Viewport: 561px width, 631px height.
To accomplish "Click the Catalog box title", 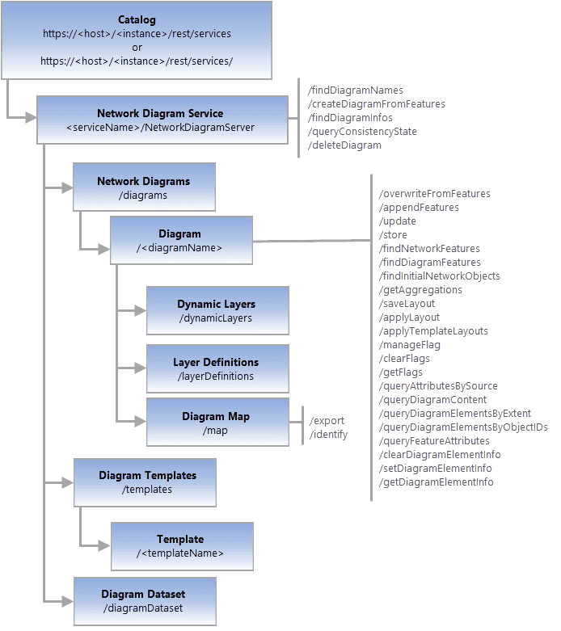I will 137,19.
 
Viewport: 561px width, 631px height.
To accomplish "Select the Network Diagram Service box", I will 162,120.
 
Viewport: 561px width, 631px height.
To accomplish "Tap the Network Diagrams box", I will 144,187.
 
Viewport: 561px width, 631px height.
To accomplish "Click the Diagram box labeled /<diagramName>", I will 180,241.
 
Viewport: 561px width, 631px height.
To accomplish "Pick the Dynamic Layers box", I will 217,311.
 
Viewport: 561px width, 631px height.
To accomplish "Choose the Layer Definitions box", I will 217,368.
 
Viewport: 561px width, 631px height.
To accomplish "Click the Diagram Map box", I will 217,422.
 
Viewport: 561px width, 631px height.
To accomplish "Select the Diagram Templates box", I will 145,482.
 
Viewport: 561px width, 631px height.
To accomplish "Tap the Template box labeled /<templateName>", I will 181,545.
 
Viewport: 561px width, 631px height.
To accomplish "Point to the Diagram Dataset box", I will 145,600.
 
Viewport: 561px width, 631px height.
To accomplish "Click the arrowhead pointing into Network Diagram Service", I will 31,119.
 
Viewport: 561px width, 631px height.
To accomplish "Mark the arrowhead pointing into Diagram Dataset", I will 67,600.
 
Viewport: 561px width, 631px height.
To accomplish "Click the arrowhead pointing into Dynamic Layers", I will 140,311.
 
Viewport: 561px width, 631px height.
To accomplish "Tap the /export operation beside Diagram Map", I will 327,420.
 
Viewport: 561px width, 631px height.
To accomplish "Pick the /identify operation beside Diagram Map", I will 329,434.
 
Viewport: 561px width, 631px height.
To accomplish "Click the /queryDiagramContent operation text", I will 432,399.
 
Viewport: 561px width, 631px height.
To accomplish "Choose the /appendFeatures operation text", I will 419,207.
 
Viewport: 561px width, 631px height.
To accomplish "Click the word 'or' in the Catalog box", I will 137,47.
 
